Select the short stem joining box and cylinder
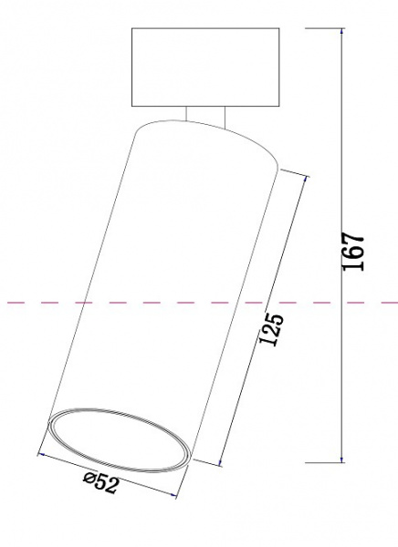coord(204,114)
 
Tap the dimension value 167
coord(355,251)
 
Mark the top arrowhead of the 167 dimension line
coord(342,32)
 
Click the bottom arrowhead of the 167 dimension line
coord(342,459)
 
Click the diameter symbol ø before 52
coord(89,478)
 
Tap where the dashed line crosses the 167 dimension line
coord(342,301)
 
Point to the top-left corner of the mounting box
coord(133,29)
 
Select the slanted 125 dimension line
coord(262,319)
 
